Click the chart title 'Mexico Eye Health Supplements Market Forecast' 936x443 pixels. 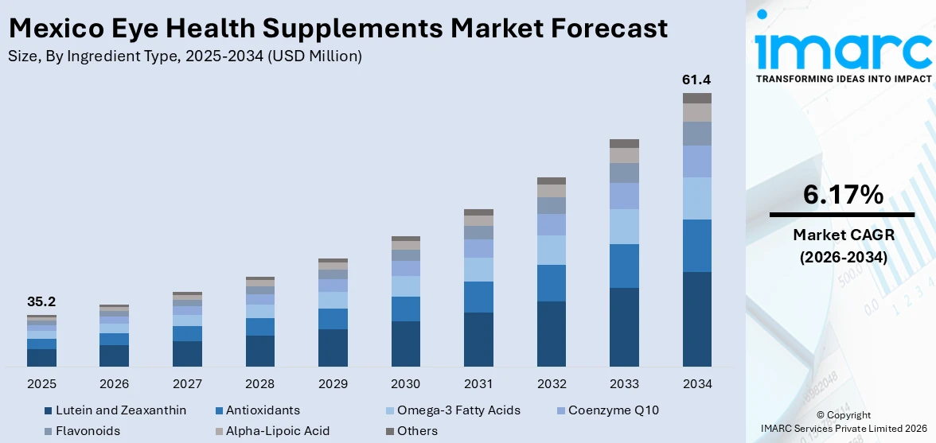click(x=338, y=29)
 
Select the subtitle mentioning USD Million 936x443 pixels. click(x=185, y=56)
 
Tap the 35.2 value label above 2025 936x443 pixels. click(x=41, y=302)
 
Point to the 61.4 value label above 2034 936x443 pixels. click(x=696, y=80)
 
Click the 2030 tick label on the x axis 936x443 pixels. click(x=405, y=384)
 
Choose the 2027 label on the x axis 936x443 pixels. click(x=187, y=384)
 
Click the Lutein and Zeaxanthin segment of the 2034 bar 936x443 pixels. click(x=696, y=318)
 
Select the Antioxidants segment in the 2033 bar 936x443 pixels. click(x=624, y=266)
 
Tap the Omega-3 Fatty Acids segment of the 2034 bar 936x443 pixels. click(x=696, y=198)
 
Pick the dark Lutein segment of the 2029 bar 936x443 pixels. click(x=333, y=348)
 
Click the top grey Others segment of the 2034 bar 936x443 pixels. click(x=696, y=98)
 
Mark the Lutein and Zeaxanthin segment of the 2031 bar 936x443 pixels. click(x=478, y=339)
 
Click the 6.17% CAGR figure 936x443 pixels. click(x=842, y=195)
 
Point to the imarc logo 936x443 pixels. click(x=842, y=49)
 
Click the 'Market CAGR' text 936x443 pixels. click(x=842, y=235)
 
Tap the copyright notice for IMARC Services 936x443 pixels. click(x=842, y=422)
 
